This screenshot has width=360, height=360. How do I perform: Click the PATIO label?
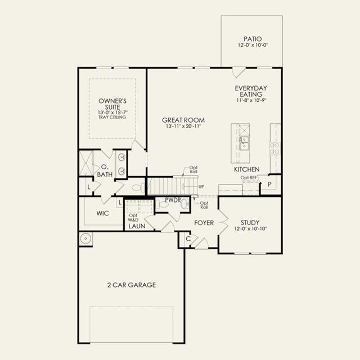(x=253, y=39)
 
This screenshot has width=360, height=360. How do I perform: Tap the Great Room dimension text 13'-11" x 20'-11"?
(x=183, y=126)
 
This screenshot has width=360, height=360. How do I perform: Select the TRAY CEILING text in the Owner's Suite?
(x=112, y=117)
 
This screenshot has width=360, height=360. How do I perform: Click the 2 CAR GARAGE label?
(x=132, y=285)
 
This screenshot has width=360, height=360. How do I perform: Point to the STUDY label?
(x=250, y=223)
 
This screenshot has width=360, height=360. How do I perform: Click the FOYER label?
(x=204, y=223)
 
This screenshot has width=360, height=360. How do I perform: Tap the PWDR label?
(x=173, y=200)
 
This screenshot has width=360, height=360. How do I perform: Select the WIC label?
(x=102, y=213)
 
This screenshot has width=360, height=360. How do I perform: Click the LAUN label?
(x=137, y=226)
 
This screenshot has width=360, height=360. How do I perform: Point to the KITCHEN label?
(x=247, y=169)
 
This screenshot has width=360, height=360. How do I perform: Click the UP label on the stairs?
(x=201, y=187)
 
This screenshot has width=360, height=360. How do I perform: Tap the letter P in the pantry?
(x=269, y=184)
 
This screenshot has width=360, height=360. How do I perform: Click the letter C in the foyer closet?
(x=188, y=239)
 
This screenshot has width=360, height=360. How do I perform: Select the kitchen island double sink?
(x=244, y=143)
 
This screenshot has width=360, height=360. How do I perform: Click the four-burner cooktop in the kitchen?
(x=275, y=148)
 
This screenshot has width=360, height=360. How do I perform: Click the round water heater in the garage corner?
(x=85, y=238)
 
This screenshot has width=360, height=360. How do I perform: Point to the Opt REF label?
(x=249, y=178)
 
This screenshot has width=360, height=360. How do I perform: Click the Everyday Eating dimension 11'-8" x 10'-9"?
(x=251, y=100)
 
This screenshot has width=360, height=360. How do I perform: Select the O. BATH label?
(x=105, y=170)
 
